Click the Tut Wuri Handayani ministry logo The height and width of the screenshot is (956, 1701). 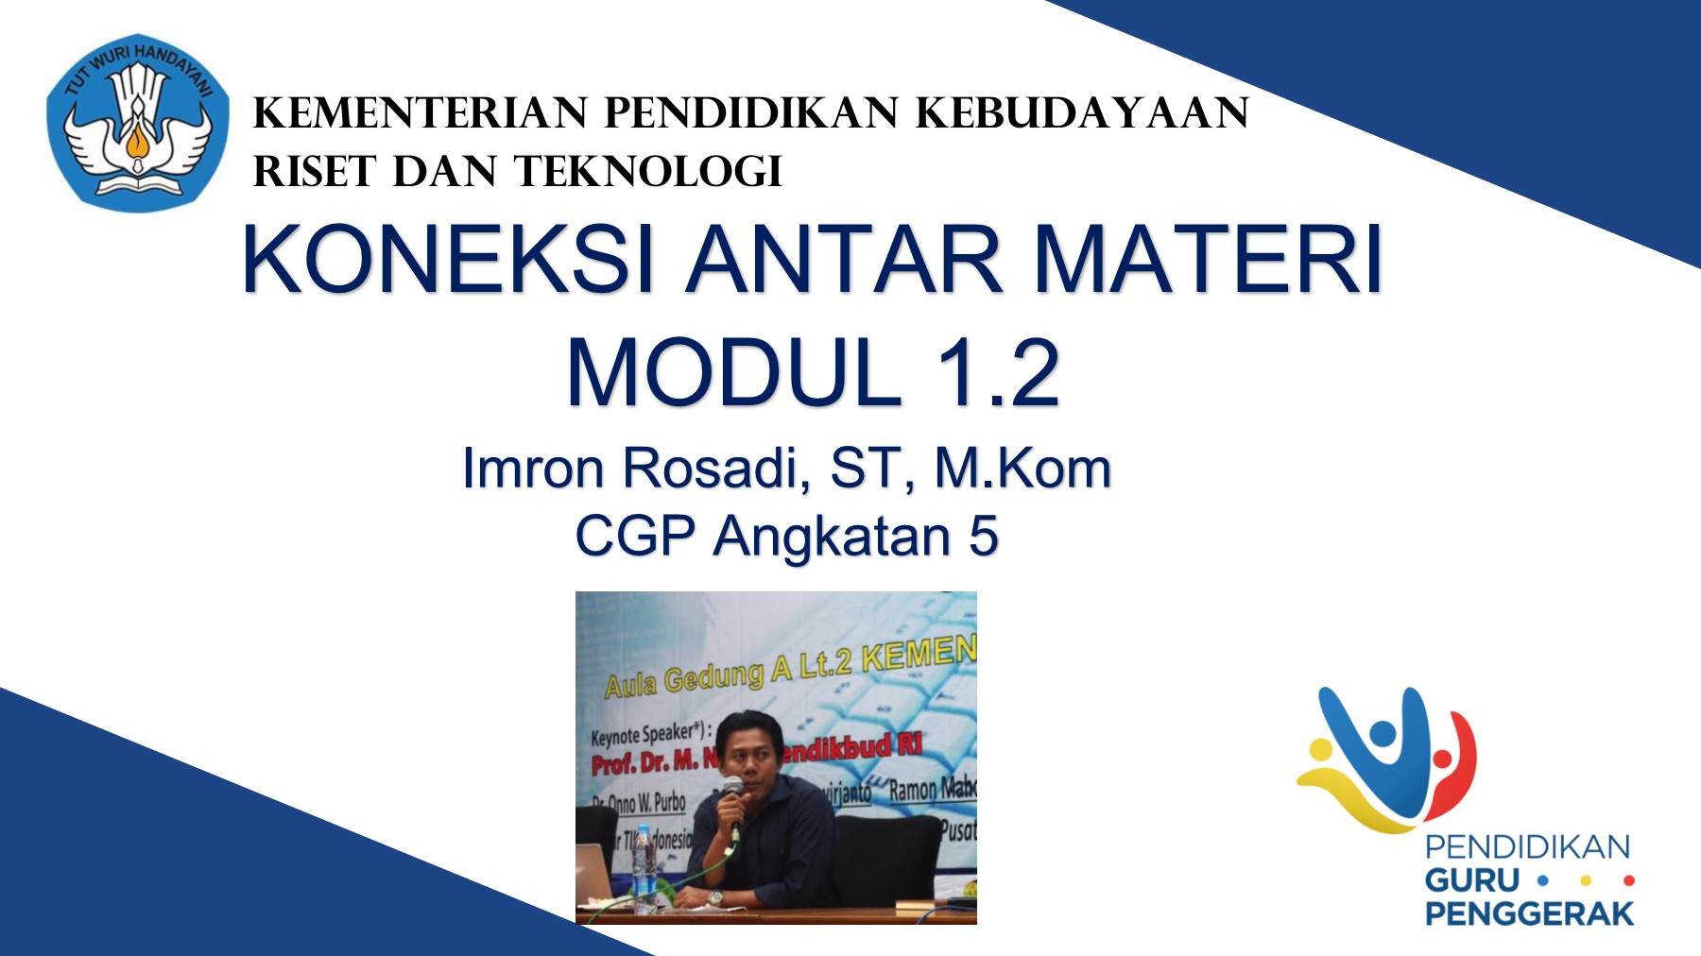point(138,123)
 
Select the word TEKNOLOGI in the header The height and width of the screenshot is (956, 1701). point(648,172)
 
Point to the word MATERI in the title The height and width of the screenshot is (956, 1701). point(1209,260)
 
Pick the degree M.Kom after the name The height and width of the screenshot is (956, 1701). point(1022,468)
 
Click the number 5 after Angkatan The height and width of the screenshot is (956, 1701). point(984,537)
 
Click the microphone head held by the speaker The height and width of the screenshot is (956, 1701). point(732,787)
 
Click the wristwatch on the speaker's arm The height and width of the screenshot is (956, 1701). point(715,897)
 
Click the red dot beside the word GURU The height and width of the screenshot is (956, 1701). point(1628,880)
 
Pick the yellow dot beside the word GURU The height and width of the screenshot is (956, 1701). point(1586,880)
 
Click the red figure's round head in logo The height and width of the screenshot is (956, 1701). point(1442,759)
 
